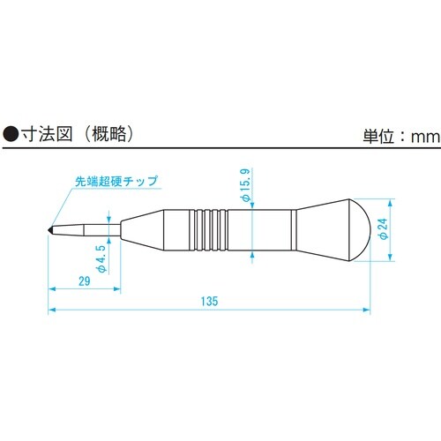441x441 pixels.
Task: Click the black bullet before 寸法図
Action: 12,136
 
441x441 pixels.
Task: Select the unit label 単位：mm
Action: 399,137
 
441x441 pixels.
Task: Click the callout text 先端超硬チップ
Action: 116,182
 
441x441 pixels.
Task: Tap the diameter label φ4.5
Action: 102,258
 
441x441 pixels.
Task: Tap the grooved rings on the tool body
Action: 207,228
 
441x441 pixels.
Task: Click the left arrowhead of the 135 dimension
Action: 52,309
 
